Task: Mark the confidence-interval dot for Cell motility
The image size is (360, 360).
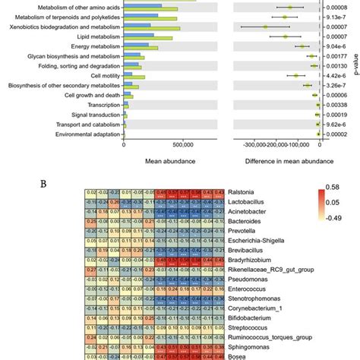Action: tap(296, 75)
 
